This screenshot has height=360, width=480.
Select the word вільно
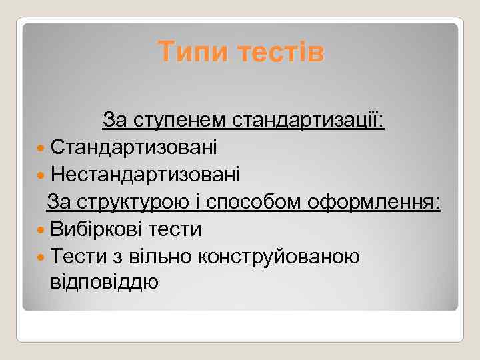(163, 256)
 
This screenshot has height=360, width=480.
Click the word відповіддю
(105, 282)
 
